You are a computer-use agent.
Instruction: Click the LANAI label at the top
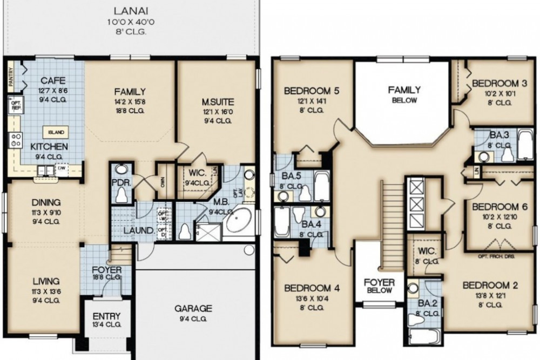(128, 10)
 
